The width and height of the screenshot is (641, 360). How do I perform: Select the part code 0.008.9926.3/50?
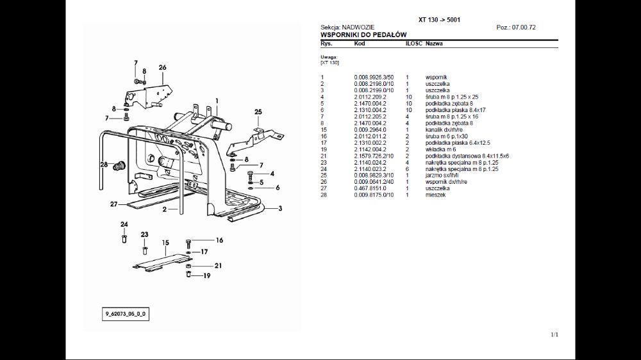click(375, 78)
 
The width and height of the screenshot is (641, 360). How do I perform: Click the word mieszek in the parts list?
click(436, 195)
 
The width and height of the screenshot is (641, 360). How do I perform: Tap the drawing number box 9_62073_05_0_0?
click(127, 315)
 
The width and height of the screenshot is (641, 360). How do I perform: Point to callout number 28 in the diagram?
click(104, 165)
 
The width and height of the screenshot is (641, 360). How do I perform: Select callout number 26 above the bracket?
click(162, 67)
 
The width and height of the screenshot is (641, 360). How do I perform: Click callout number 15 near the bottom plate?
click(165, 243)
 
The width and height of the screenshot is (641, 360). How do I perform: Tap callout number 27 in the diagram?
click(113, 204)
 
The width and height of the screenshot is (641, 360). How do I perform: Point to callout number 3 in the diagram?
click(280, 208)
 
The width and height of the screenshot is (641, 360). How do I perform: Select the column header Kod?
click(359, 44)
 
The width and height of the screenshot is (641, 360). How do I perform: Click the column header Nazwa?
click(434, 44)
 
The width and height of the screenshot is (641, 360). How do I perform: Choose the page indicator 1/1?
click(554, 334)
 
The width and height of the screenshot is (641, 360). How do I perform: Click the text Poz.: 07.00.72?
click(516, 28)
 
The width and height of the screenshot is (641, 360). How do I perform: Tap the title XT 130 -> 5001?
click(439, 20)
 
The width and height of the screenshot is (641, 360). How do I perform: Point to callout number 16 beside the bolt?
click(219, 240)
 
